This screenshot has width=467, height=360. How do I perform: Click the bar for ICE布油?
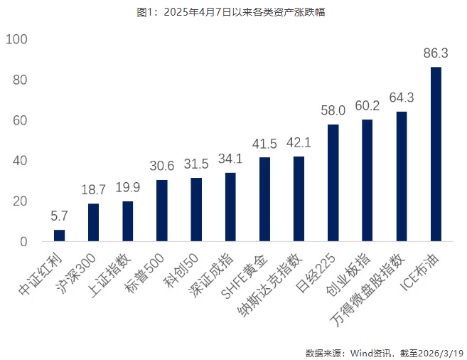click(x=436, y=154)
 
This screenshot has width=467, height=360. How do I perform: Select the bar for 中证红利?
click(x=59, y=235)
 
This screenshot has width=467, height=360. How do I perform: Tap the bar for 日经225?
click(x=333, y=183)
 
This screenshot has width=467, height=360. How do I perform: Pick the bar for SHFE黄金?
click(x=264, y=199)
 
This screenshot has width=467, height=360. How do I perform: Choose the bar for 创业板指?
click(x=367, y=181)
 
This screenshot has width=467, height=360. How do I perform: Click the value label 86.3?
click(x=436, y=53)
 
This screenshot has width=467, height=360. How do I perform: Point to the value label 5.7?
click(x=59, y=216)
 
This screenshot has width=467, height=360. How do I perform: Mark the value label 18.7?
click(x=93, y=190)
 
